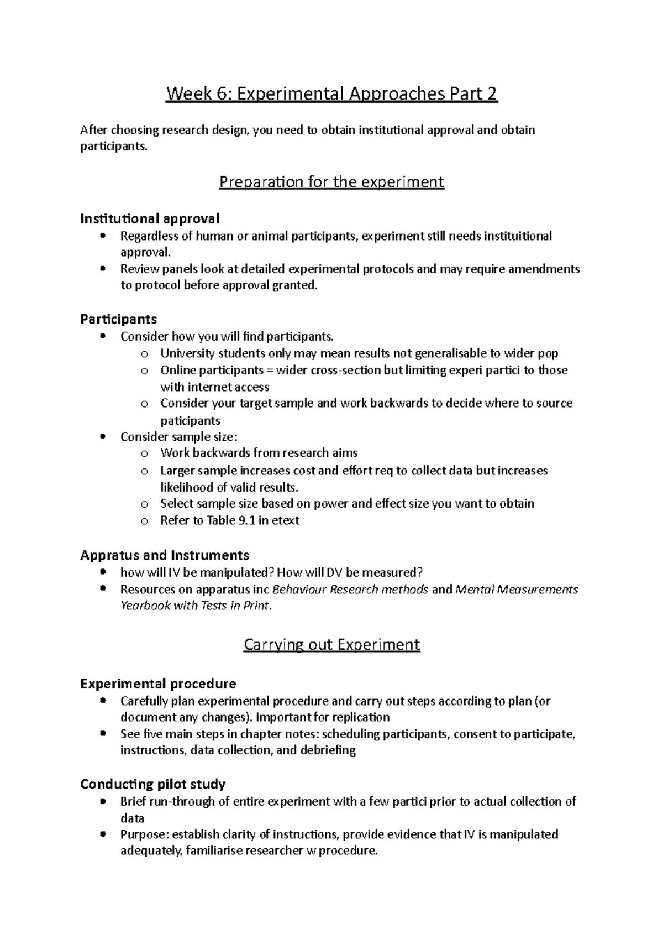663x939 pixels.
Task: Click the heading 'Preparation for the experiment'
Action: coord(331,182)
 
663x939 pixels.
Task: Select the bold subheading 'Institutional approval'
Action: coord(150,218)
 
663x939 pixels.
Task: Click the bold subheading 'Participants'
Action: coord(118,319)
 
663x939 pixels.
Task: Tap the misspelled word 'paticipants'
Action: coord(190,420)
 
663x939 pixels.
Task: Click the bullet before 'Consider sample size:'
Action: coord(103,436)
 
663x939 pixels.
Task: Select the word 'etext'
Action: coord(285,520)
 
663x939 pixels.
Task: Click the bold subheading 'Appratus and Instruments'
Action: coord(164,555)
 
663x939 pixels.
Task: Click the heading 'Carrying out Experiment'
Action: coord(331,645)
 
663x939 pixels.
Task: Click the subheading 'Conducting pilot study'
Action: coord(152,784)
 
